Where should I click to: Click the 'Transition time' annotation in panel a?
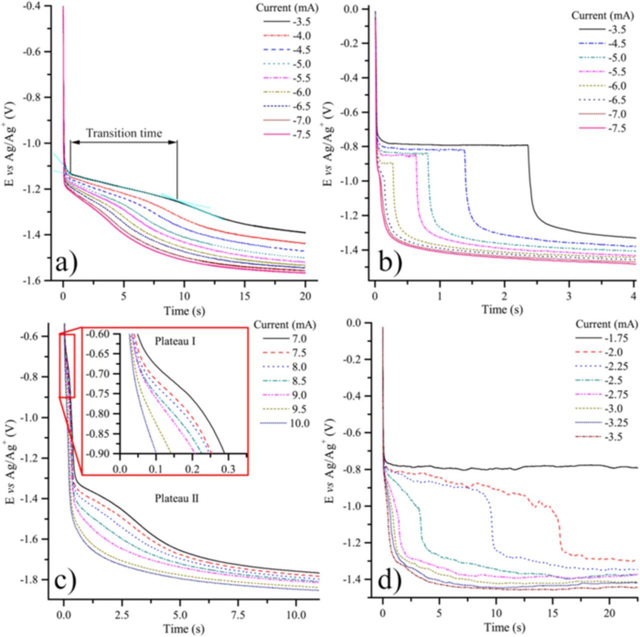click(124, 133)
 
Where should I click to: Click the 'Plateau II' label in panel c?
click(177, 498)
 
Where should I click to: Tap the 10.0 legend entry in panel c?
click(299, 424)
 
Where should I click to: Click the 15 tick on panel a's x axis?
click(244, 296)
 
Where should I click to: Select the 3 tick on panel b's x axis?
click(569, 296)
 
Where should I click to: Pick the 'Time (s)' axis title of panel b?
click(502, 310)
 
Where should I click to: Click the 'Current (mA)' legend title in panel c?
click(285, 325)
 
